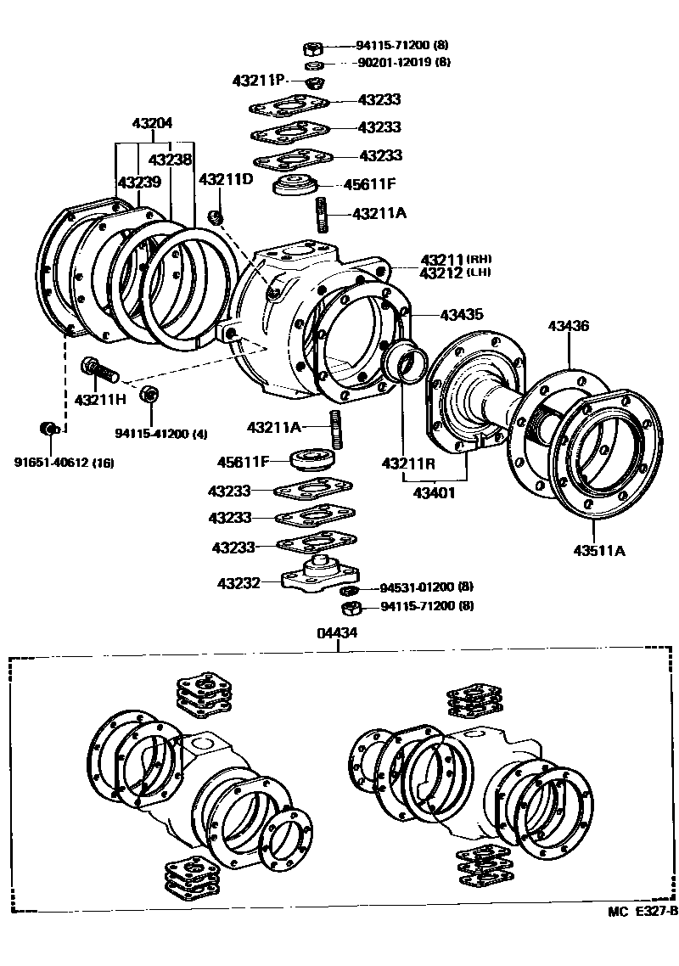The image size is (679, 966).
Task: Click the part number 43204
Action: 152,123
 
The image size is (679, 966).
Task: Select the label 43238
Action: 170,159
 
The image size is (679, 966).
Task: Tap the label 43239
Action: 138,183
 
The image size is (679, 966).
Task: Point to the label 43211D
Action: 226,179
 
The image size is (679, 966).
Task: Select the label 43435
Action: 462,315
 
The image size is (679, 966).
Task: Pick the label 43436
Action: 569,326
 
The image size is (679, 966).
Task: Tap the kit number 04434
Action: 337,632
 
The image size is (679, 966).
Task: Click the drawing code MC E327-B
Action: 642,912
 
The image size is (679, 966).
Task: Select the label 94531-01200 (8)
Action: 426,587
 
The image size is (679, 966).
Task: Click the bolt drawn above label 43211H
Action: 94,370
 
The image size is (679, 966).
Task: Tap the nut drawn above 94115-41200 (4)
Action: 149,394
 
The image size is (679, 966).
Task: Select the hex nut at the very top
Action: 312,48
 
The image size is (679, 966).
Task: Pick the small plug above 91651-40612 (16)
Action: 49,427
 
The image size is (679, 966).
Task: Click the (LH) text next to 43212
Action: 480,272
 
